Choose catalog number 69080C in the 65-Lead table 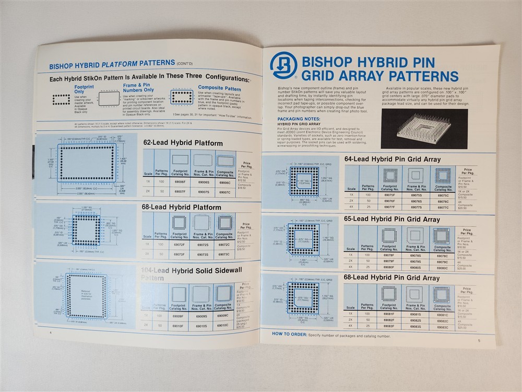(x=442, y=267)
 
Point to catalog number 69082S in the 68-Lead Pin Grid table (x=416, y=320)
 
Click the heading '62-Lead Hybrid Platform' (x=182, y=143)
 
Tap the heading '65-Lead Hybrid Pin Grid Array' (x=392, y=220)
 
